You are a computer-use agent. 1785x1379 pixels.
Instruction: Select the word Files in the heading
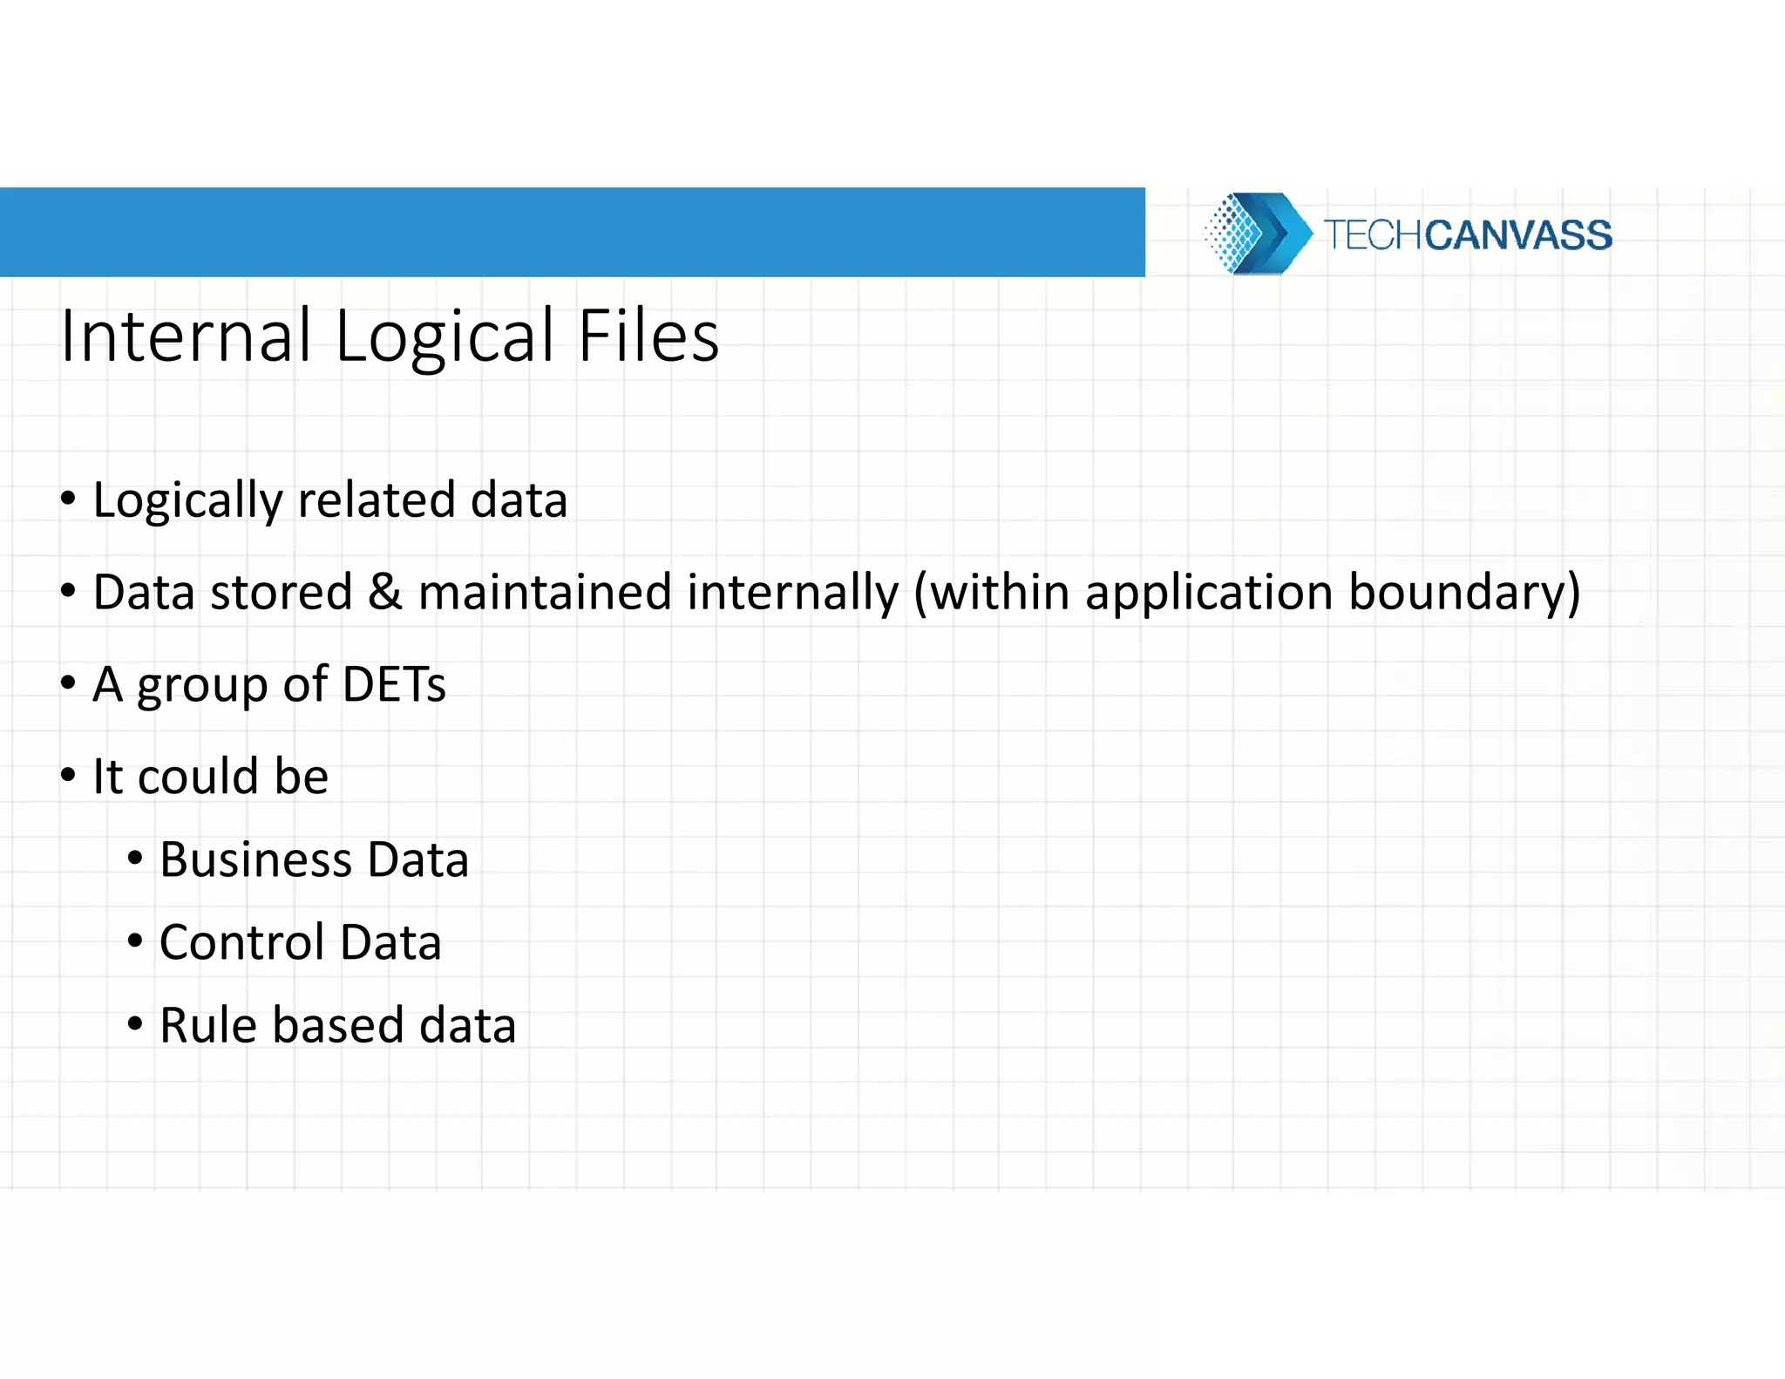coord(648,336)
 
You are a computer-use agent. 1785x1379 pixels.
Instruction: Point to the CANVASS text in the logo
coord(1518,235)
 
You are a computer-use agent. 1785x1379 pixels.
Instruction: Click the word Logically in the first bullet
coord(187,501)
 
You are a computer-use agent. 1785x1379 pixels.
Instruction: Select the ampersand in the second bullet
coord(384,592)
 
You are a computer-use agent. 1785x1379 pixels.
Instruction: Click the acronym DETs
coord(394,684)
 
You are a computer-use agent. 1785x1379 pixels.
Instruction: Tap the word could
coord(198,776)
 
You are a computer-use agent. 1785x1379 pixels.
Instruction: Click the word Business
coord(255,859)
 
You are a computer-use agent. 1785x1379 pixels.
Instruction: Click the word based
coord(338,1025)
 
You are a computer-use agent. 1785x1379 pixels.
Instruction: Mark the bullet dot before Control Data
coord(135,941)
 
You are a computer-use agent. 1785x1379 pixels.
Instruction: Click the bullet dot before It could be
coord(68,775)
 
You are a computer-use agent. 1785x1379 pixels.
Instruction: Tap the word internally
coord(792,593)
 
